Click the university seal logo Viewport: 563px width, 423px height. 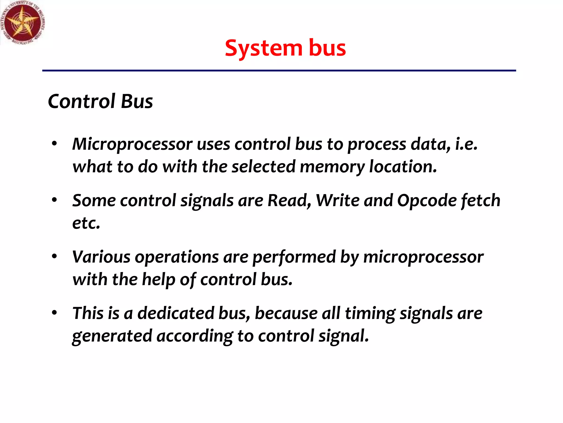click(x=23, y=23)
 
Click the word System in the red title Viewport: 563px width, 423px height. click(x=263, y=48)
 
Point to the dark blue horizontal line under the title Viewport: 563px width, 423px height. click(x=279, y=71)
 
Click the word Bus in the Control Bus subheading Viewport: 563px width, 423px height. click(x=137, y=101)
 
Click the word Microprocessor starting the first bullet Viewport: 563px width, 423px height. click(x=132, y=144)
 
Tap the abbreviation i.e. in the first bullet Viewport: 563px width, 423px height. click(x=466, y=144)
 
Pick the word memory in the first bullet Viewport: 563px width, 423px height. click(x=332, y=167)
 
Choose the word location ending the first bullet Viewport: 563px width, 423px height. click(x=402, y=166)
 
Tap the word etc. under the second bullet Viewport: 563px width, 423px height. click(x=86, y=223)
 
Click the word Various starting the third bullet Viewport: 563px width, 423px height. click(x=101, y=257)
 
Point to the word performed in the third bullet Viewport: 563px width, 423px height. click(x=294, y=257)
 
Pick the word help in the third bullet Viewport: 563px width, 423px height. click(x=158, y=280)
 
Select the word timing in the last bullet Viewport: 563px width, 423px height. click(x=370, y=314)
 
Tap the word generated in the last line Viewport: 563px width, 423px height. click(x=112, y=336)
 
